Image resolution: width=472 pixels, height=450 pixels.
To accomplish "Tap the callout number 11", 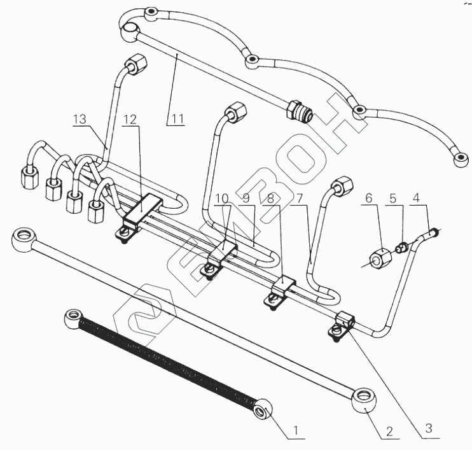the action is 177,118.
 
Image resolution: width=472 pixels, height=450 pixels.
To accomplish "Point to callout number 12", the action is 130,118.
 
